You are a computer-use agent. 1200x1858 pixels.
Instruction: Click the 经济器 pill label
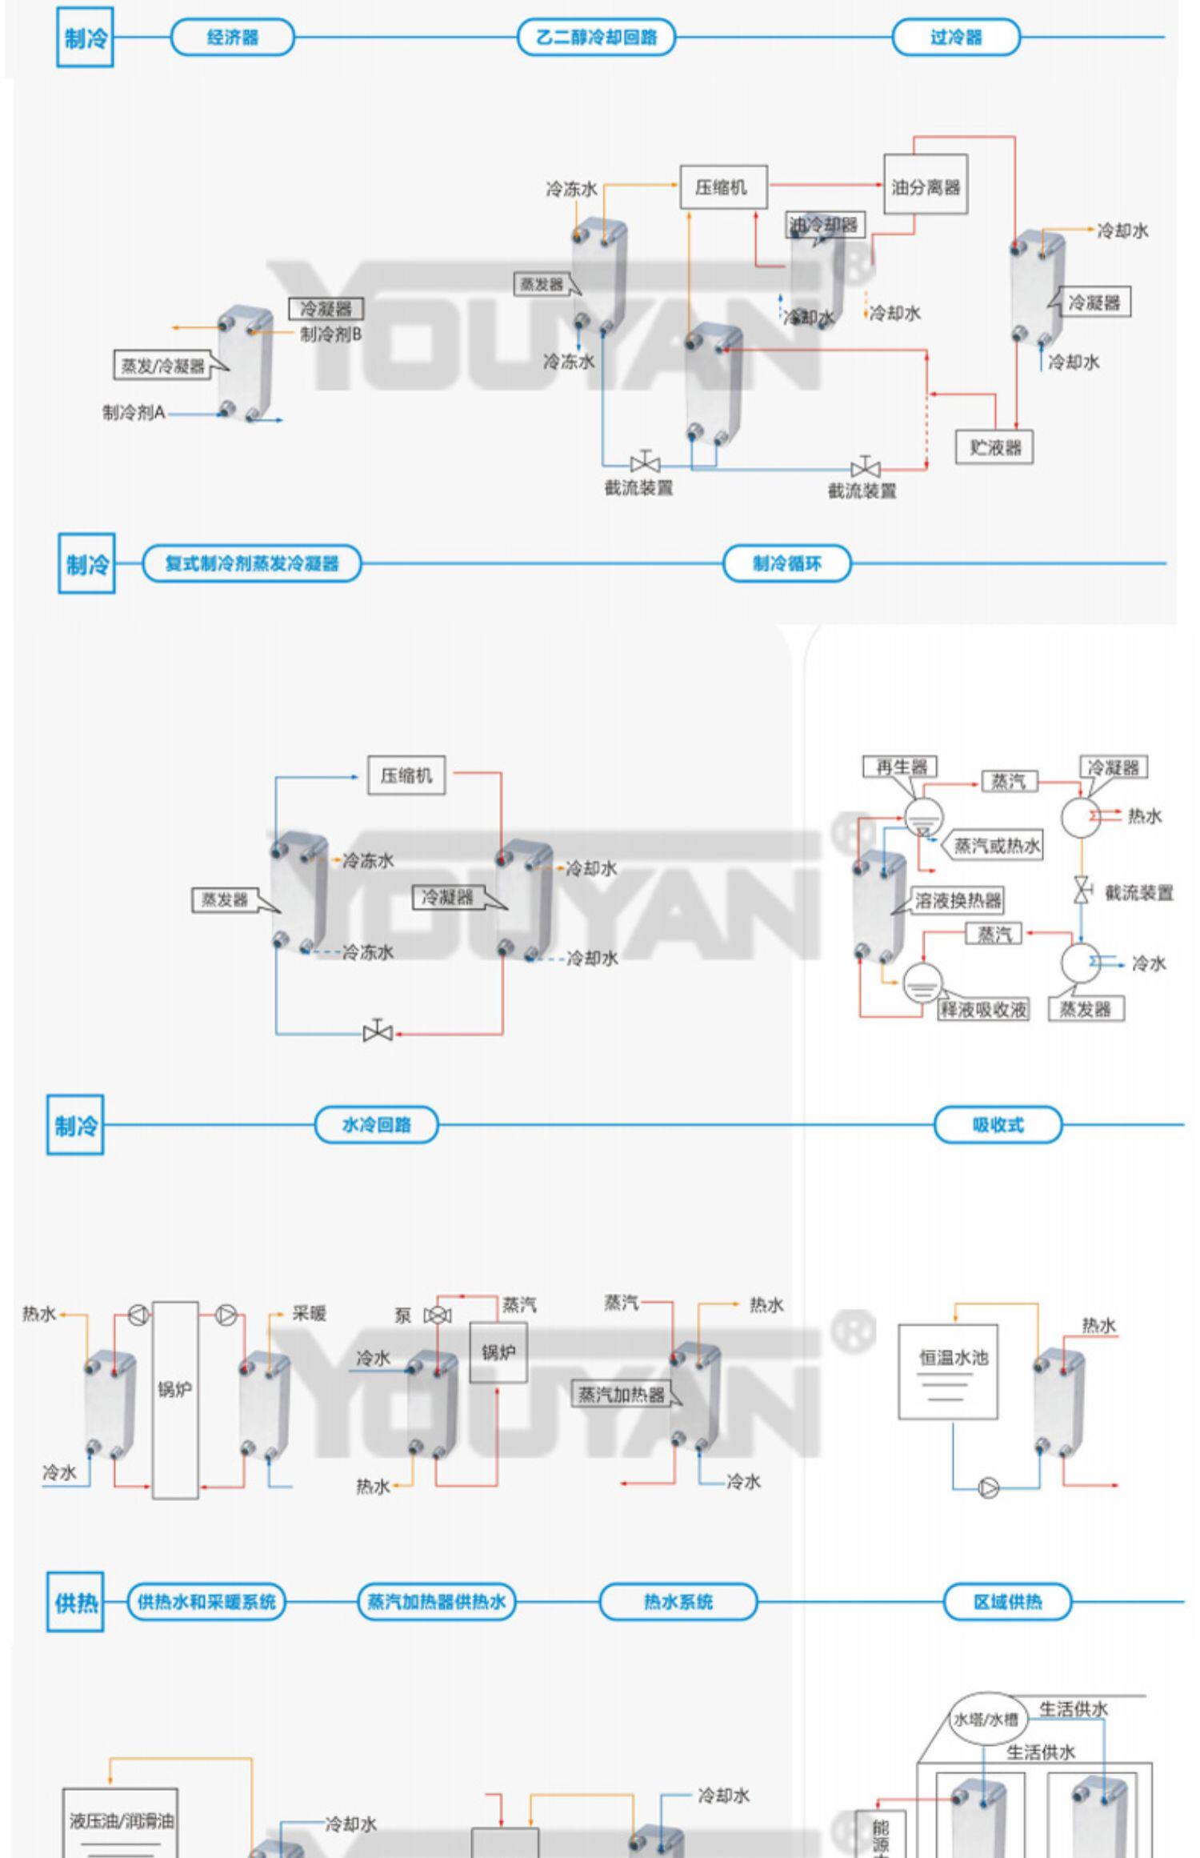232,38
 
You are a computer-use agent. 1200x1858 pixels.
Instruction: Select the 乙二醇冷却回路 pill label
596,38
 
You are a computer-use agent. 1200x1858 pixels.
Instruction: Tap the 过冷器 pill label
956,38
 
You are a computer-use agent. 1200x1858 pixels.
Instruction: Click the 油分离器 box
926,186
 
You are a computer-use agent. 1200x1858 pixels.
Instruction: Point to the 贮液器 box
994,446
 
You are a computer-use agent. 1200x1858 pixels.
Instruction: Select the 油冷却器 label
823,225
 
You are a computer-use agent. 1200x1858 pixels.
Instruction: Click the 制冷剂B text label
331,334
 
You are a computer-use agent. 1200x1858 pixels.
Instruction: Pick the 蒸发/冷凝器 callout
164,366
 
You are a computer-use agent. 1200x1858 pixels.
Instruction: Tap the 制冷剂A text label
134,412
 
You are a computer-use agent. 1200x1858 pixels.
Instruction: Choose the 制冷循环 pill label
786,563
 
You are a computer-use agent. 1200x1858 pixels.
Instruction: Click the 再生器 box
901,767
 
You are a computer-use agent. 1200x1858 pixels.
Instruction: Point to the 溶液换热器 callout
958,901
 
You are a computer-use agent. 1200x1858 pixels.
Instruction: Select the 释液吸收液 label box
983,1009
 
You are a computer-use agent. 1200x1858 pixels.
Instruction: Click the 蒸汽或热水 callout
997,846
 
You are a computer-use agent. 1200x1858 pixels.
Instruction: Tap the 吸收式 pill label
998,1125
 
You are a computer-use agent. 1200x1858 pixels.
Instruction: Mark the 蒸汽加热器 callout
622,1395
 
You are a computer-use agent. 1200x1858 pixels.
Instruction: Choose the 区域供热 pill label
1007,1601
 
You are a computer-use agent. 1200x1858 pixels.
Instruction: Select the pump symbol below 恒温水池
989,1488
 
